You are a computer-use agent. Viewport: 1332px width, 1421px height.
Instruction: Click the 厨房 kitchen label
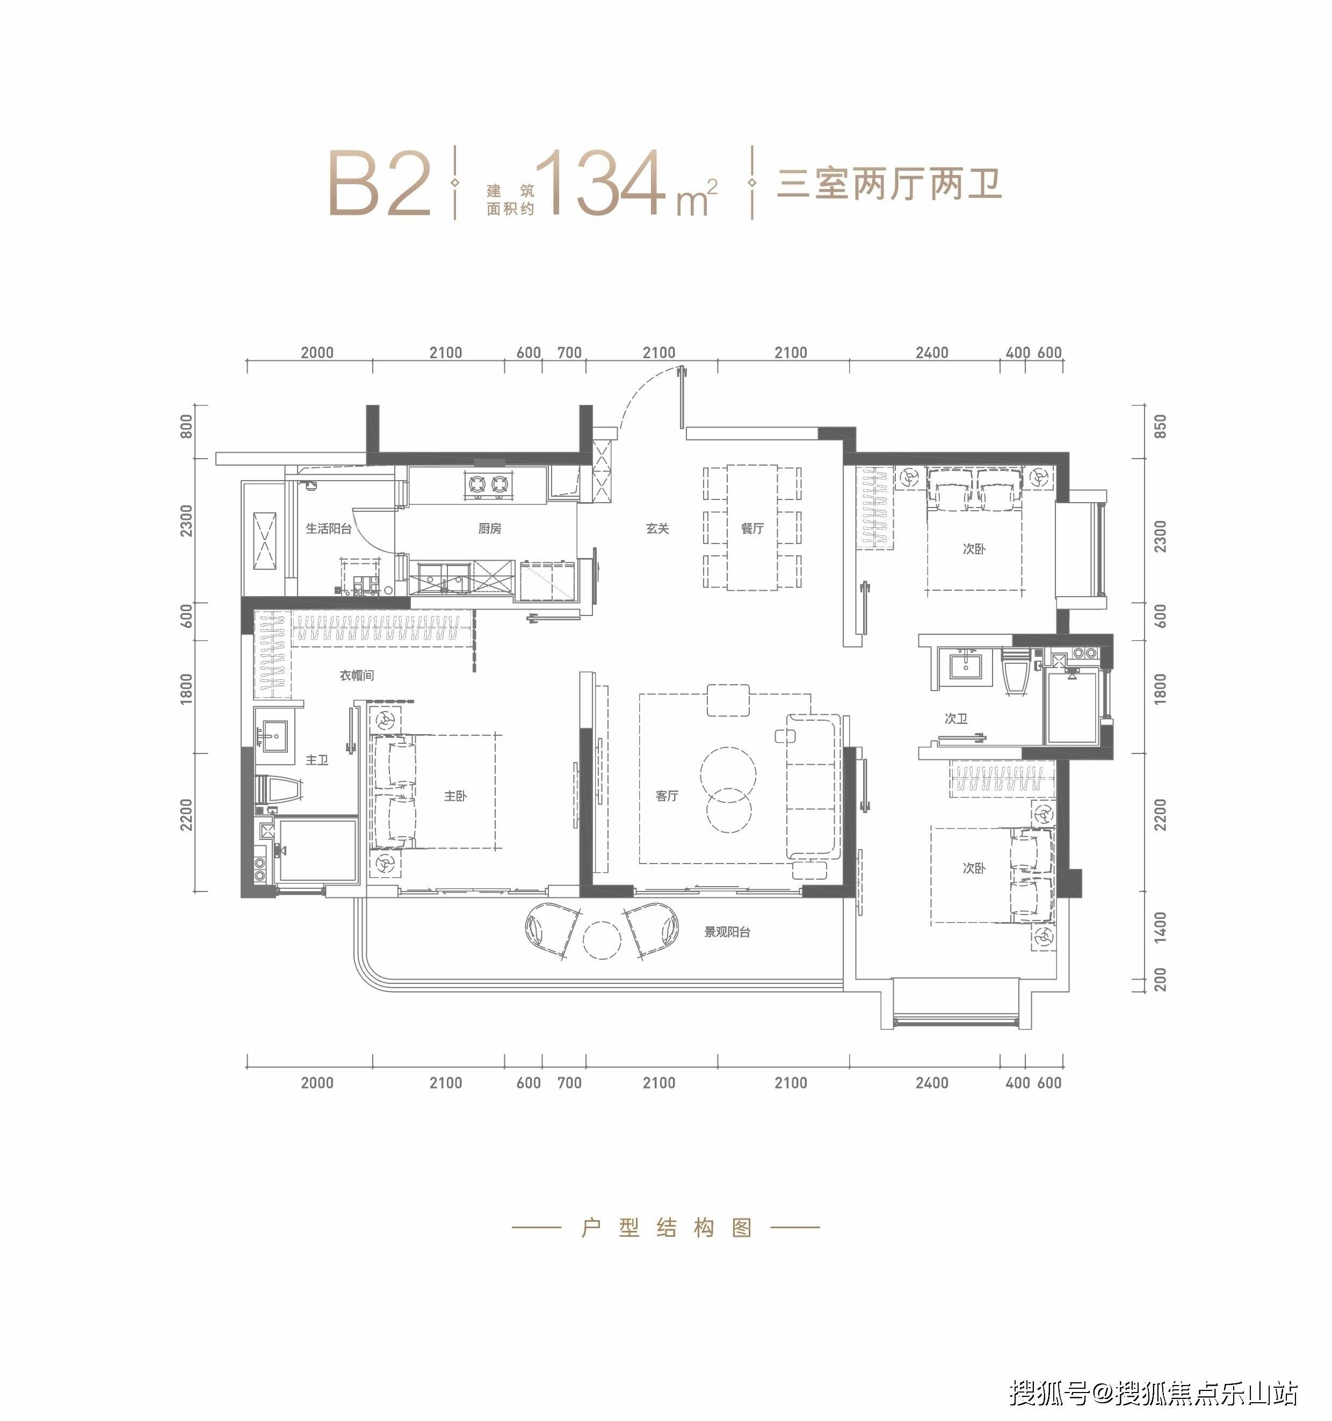(490, 529)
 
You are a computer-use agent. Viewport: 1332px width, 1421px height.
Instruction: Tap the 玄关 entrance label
(657, 529)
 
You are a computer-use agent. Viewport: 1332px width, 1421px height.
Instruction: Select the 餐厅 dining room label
(752, 529)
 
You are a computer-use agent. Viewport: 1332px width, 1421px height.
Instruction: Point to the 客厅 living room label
(667, 795)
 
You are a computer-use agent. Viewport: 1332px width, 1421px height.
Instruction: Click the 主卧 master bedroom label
(455, 795)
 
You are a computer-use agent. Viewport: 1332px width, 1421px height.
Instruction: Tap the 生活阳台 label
(329, 529)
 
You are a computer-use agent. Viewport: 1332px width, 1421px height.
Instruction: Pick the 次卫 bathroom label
(956, 719)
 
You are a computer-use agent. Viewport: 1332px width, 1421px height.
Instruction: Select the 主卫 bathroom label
(317, 760)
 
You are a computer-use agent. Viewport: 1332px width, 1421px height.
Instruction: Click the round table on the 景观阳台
(602, 939)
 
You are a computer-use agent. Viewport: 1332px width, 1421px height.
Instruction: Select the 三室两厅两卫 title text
(889, 184)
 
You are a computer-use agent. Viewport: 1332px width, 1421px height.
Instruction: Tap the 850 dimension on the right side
(1160, 427)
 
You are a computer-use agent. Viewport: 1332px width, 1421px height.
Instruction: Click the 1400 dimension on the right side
(1160, 926)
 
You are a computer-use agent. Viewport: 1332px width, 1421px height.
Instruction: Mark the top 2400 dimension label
(932, 352)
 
